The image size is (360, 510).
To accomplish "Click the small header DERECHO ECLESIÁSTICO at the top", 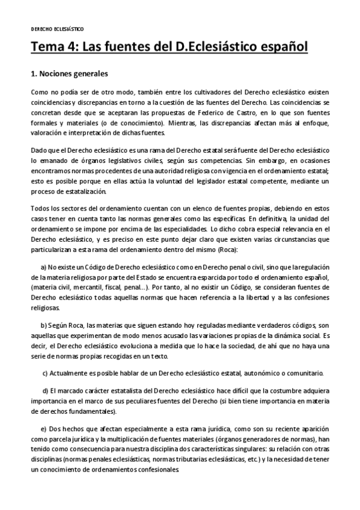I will [57, 28].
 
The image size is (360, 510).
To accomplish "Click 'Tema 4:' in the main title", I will [55, 47].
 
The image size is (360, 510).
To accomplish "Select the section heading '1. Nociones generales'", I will [69, 75].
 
